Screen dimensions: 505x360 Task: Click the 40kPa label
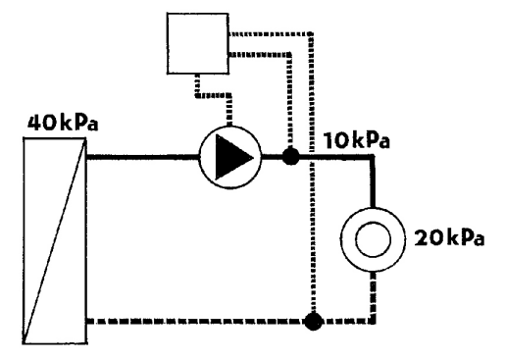click(63, 123)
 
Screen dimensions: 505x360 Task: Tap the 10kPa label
click(357, 140)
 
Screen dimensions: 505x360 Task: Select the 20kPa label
click(449, 237)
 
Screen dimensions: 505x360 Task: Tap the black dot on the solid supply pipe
click(290, 156)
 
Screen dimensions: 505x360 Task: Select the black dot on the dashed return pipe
click(313, 322)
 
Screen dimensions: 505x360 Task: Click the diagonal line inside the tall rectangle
click(55, 240)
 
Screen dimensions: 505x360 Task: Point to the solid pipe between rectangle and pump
click(143, 157)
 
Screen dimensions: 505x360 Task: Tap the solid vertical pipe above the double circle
click(373, 181)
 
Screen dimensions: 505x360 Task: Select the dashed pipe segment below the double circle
click(373, 296)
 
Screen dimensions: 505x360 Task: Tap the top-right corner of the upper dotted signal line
click(312, 33)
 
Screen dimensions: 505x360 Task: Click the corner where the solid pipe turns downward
click(373, 157)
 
